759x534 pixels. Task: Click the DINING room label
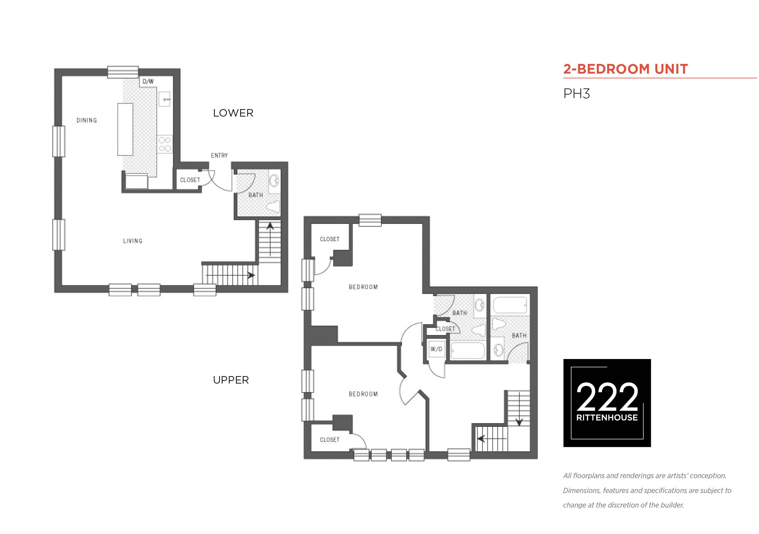coord(87,121)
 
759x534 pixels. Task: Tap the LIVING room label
coord(133,241)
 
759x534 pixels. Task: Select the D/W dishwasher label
coord(148,81)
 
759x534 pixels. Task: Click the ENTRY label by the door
coord(220,156)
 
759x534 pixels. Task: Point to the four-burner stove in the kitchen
coord(165,144)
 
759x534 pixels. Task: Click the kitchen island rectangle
coord(125,129)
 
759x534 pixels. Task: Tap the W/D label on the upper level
coord(436,349)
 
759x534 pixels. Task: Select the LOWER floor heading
coord(234,113)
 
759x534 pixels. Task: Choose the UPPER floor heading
coord(231,380)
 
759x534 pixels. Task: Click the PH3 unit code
coord(577,94)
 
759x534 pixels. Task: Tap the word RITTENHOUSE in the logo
coord(607,418)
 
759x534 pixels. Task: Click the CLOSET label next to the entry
coord(190,180)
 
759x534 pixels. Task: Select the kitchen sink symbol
coord(165,99)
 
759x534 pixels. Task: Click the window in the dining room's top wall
coord(123,72)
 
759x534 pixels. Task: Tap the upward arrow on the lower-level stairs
coord(270,240)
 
